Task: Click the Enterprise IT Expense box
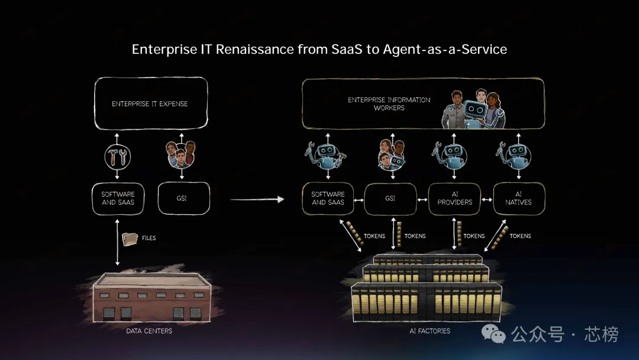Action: [x=150, y=104]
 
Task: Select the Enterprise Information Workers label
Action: [x=389, y=104]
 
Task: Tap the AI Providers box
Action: [x=454, y=198]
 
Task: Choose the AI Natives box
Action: [x=518, y=198]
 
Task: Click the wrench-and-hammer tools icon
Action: [x=117, y=156]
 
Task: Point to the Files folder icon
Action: [x=129, y=239]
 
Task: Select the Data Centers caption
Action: [x=149, y=331]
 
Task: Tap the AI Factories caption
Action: [x=430, y=331]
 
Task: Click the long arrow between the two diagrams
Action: [x=257, y=200]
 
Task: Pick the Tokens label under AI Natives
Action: [x=520, y=236]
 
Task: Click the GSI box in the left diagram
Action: [x=183, y=198]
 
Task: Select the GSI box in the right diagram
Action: [x=390, y=198]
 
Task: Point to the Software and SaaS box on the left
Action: [x=118, y=198]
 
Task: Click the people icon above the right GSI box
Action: [x=390, y=155]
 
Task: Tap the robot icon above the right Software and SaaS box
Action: [x=326, y=155]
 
